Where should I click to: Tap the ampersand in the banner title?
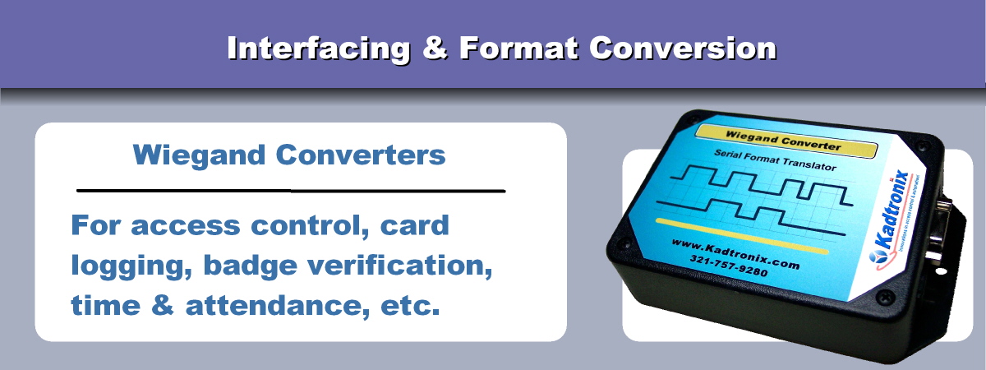435,49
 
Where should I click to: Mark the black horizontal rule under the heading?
290,190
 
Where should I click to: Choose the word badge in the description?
246,266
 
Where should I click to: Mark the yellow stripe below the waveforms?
739,235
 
